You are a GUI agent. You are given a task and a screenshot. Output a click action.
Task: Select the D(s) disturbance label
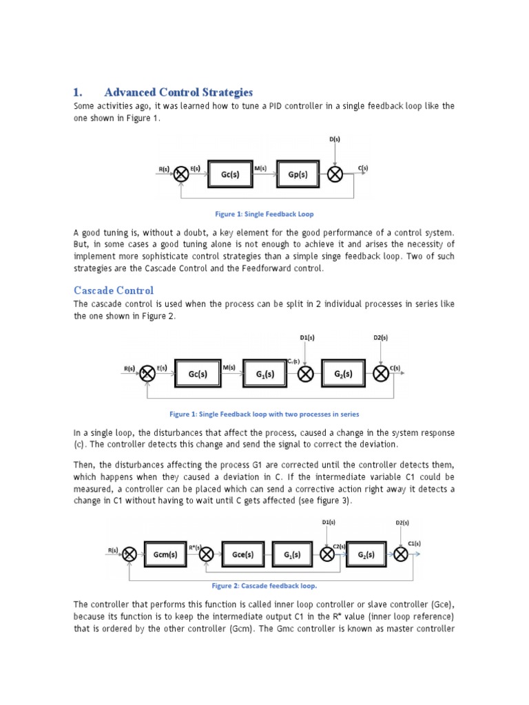[x=335, y=139]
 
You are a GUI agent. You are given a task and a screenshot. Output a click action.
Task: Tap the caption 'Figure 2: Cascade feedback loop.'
[x=264, y=586]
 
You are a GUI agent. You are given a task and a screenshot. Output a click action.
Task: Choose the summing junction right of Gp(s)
[x=335, y=175]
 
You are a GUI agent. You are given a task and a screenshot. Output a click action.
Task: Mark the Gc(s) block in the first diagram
[x=230, y=175]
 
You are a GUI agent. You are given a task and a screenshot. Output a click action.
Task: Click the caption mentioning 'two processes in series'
[x=264, y=414]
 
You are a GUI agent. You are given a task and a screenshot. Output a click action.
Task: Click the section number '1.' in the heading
[x=78, y=92]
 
